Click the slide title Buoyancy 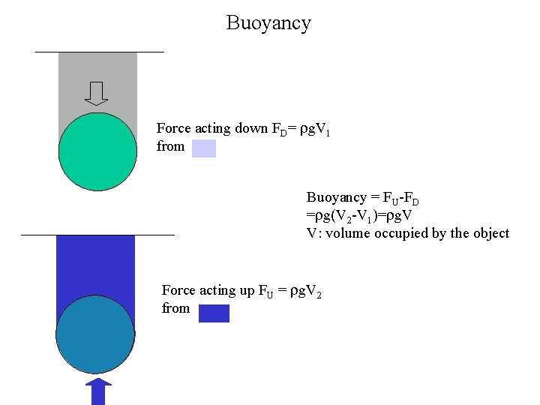click(268, 23)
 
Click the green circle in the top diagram click(97, 151)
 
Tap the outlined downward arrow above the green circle click(97, 94)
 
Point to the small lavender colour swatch click(203, 148)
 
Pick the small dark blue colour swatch click(214, 313)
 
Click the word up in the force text click(246, 290)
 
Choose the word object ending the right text click(491, 233)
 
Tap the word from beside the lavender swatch click(170, 146)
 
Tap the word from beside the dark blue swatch click(175, 308)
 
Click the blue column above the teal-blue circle click(95, 262)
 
